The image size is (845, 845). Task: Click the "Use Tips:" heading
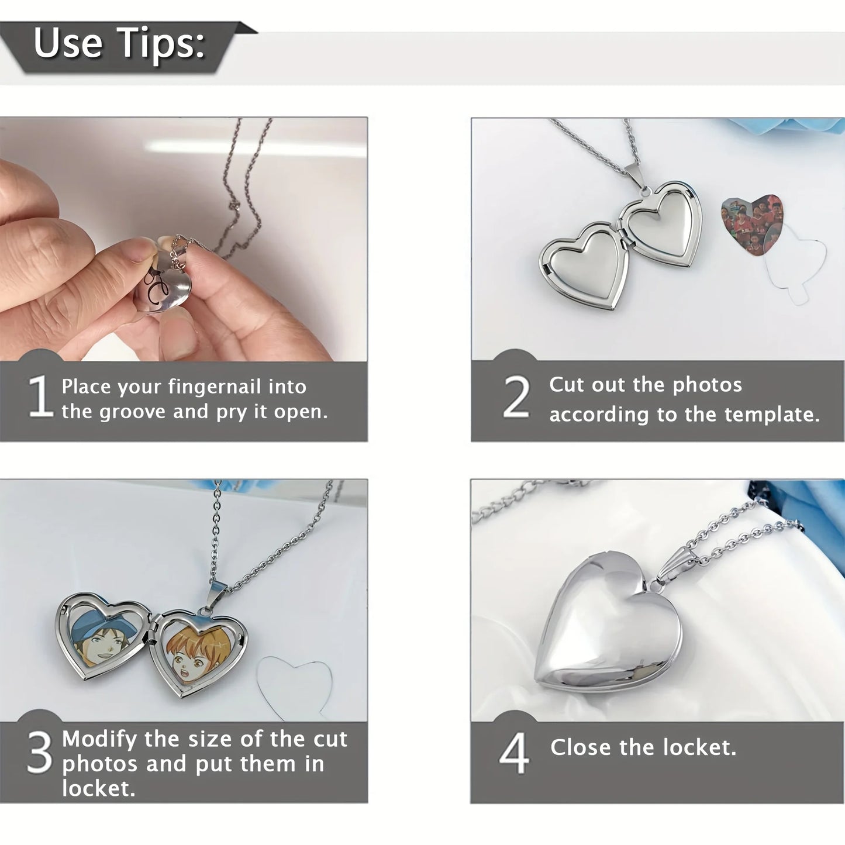119,43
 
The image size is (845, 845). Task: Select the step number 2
516,398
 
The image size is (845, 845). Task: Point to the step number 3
40,753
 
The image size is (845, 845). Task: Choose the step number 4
514,754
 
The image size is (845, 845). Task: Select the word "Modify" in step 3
100,739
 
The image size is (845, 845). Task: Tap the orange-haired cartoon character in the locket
196,654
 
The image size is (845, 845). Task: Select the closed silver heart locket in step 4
608,629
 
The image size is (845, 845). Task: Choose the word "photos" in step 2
707,385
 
